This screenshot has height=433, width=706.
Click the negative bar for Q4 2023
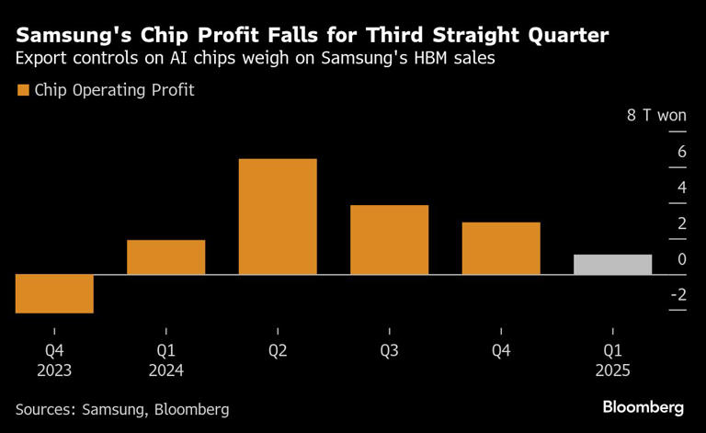[x=54, y=293]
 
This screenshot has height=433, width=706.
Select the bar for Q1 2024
[x=165, y=257]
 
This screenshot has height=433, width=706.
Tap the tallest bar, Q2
[x=278, y=217]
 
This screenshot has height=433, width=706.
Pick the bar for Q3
[x=389, y=240]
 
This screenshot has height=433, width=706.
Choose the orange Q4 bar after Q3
[x=501, y=248]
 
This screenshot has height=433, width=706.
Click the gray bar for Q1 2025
[x=612, y=265]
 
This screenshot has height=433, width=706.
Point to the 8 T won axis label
[x=656, y=116]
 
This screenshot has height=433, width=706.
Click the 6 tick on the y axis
[x=681, y=152]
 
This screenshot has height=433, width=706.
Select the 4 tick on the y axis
[x=681, y=188]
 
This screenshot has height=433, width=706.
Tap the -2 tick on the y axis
[x=678, y=295]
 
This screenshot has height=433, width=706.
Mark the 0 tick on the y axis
[x=681, y=259]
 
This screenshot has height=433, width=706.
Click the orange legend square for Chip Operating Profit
[x=23, y=90]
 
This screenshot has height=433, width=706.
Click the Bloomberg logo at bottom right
[x=643, y=406]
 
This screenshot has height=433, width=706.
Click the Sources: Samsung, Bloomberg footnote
[x=122, y=409]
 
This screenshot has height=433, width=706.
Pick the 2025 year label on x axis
[x=612, y=370]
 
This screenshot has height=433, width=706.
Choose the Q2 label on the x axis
[x=278, y=351]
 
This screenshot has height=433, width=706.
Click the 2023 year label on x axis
[x=54, y=370]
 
